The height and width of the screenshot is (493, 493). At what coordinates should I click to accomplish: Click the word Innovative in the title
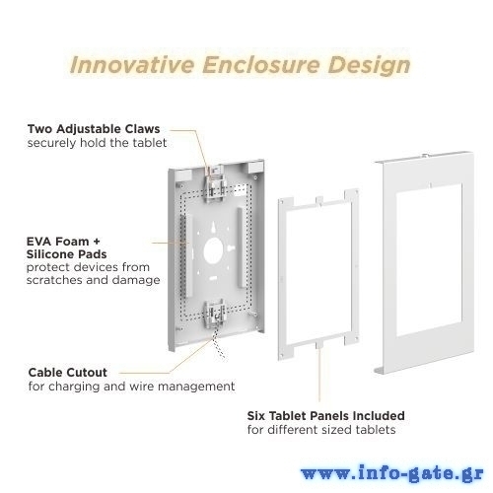132,64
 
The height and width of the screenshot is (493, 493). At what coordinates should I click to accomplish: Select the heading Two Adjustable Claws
94,129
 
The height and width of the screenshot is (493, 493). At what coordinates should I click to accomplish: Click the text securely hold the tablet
97,143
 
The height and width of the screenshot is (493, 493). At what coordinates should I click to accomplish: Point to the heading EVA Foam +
63,242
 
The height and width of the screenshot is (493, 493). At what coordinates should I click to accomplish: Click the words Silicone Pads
66,254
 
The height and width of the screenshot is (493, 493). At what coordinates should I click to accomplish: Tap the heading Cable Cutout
68,373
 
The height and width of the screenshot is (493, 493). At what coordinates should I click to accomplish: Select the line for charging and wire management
131,387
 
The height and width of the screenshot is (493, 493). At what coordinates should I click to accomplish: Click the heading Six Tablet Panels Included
325,416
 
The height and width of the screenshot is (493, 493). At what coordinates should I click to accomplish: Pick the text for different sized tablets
321,430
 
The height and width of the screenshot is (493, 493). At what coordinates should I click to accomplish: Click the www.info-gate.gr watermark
392,473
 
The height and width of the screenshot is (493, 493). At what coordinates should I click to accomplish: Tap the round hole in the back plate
213,250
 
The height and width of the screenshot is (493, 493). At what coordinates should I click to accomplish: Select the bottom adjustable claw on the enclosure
214,314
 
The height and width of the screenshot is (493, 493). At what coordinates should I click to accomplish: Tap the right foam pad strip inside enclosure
242,247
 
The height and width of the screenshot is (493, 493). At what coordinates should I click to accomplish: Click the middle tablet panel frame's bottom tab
318,344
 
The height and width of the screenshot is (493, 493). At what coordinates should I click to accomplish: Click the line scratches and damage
93,280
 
